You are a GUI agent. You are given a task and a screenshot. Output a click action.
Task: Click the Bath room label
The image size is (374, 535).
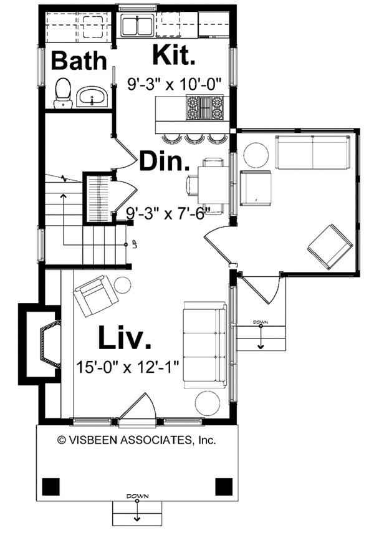pos(79,60)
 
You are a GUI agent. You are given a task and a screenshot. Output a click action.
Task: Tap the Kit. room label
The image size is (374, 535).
pos(174,55)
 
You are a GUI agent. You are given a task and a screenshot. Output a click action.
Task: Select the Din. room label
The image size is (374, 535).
pos(165,161)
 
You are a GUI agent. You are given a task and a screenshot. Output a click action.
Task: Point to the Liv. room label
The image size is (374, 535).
pos(125,338)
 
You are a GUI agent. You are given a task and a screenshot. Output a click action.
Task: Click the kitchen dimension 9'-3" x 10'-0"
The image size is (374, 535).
pos(175,84)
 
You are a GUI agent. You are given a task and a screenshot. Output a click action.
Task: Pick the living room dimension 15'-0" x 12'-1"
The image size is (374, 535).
pos(127,368)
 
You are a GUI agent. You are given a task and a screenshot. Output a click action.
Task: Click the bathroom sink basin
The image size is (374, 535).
pos(92,97)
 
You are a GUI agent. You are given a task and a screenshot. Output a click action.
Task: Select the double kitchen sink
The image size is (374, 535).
pos(137,26)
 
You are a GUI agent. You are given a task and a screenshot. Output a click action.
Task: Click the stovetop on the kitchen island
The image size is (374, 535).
pos(204,108)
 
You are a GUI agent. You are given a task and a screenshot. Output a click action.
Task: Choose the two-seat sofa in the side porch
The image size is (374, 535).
pos(313,152)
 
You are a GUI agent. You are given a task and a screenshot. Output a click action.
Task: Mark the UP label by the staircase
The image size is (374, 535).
pos(135,244)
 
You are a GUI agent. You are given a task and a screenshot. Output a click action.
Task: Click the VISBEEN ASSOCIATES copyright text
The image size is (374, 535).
pos(137,440)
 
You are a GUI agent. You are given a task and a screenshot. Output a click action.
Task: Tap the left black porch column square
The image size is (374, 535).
pos(50,486)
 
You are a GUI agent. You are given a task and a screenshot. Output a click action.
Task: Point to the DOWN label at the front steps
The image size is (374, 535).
pos(137,496)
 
